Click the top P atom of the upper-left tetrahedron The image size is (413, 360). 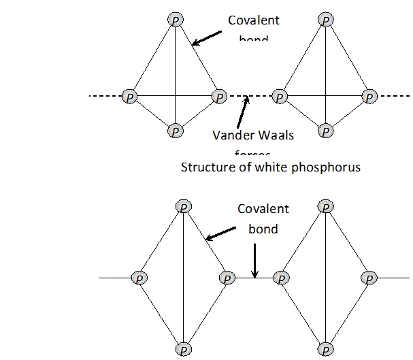tap(176, 20)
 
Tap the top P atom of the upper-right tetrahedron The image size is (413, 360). tap(326, 20)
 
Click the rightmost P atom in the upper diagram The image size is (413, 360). tap(369, 97)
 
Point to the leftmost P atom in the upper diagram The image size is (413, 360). tap(129, 97)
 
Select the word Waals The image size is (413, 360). tap(276, 135)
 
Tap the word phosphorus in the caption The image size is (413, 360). tap(325, 167)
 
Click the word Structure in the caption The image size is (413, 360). tap(205, 167)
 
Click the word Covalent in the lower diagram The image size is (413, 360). tap(263, 210)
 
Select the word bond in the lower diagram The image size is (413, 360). tap(263, 229)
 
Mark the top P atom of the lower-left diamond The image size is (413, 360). tap(182, 206)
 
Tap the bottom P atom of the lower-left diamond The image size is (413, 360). tap(182, 350)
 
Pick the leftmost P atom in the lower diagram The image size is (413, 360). tap(138, 278)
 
